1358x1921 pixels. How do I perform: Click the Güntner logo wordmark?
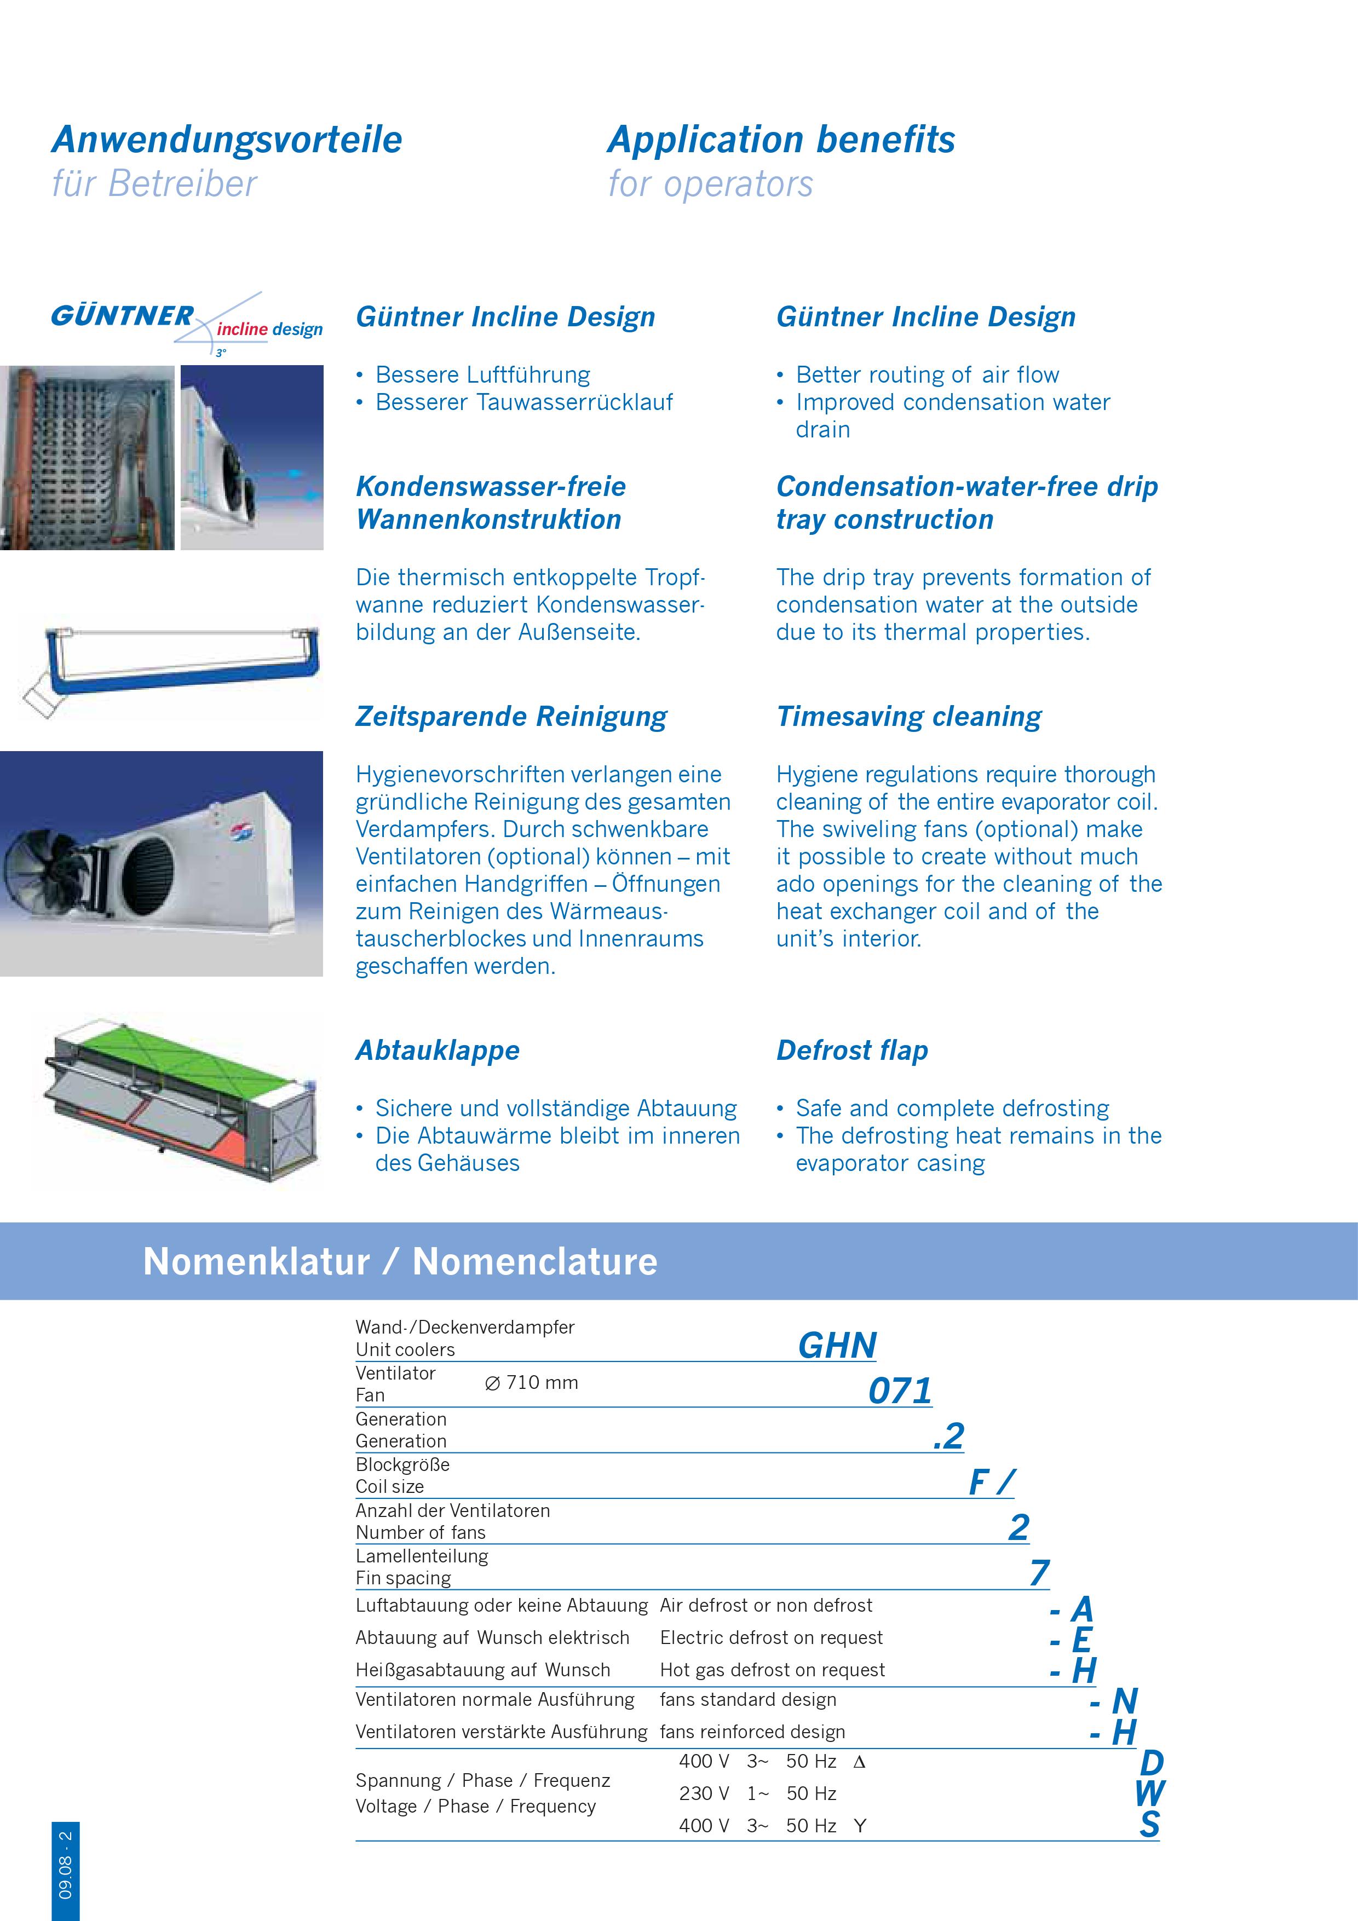[122, 316]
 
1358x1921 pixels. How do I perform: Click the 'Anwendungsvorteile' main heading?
[227, 140]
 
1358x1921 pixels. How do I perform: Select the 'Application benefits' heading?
[781, 140]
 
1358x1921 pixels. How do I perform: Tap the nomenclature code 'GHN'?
[837, 1346]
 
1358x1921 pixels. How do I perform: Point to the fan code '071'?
[900, 1391]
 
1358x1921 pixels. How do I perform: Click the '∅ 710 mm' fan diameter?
[531, 1382]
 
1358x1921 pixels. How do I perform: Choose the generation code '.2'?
[949, 1436]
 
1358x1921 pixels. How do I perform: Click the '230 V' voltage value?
[704, 1793]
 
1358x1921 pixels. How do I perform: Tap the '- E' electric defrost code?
[1072, 1639]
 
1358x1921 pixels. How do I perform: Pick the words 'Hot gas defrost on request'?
[772, 1670]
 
